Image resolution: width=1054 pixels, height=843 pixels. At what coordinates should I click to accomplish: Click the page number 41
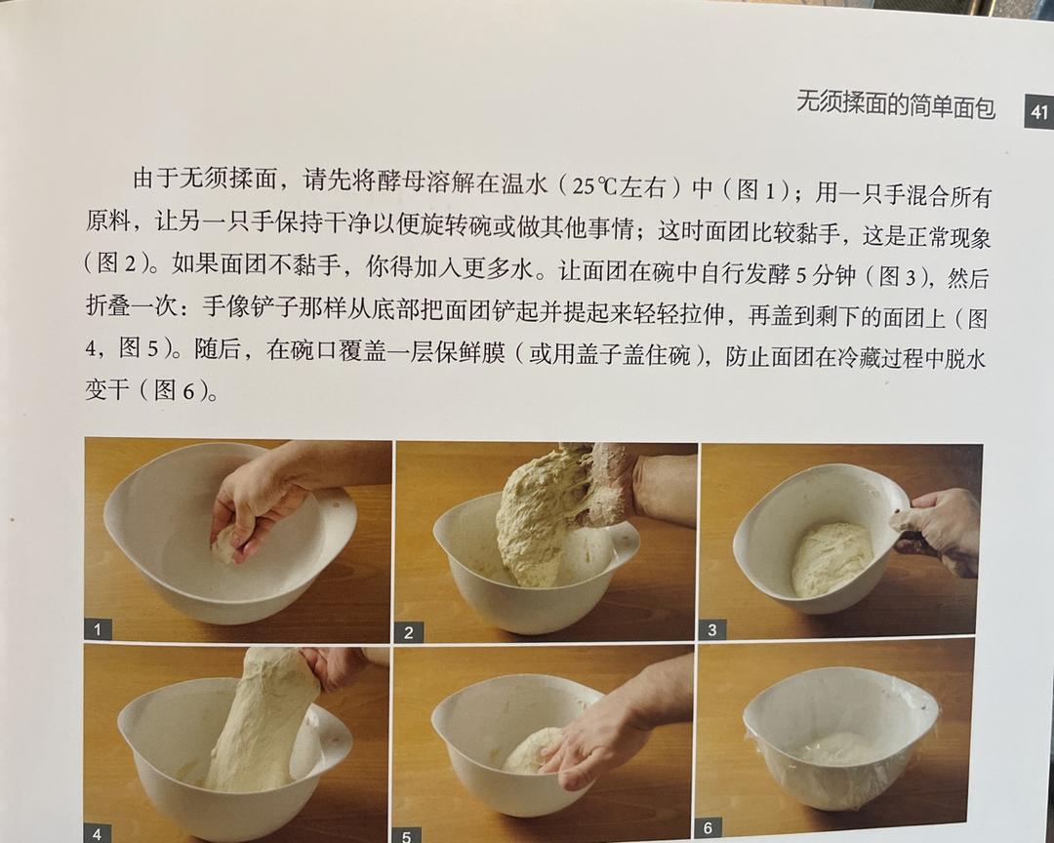click(1038, 111)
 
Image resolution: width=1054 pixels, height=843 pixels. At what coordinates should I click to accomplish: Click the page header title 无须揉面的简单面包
click(895, 103)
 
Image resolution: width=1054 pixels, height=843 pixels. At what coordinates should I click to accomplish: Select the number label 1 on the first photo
click(99, 629)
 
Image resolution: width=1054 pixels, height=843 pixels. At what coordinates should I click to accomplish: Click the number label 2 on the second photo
click(408, 632)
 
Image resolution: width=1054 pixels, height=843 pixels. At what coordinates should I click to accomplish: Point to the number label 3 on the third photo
click(712, 630)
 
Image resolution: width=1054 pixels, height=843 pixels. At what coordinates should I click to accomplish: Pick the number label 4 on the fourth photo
click(98, 833)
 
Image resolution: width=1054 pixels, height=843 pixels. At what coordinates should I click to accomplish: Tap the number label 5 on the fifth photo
click(406, 835)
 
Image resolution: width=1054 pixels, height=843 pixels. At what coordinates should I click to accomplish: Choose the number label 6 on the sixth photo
click(708, 827)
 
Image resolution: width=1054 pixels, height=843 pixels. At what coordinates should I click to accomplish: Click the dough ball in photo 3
click(831, 559)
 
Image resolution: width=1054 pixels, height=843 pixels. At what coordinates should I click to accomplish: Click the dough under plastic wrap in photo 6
click(841, 748)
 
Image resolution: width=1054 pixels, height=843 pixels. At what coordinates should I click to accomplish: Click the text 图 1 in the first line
click(757, 190)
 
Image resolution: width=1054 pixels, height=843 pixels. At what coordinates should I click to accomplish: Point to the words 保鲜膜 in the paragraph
click(469, 351)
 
